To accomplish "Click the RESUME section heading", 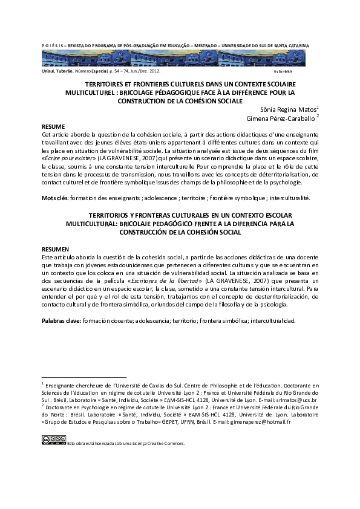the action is point(53,127).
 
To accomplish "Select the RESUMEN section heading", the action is point(55,249).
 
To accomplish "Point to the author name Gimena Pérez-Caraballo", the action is point(282,119).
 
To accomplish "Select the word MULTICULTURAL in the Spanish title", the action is point(91,223).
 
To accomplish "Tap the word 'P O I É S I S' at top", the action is point(56,45).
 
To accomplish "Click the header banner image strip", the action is point(175,57).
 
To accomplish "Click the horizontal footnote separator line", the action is point(84,376).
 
